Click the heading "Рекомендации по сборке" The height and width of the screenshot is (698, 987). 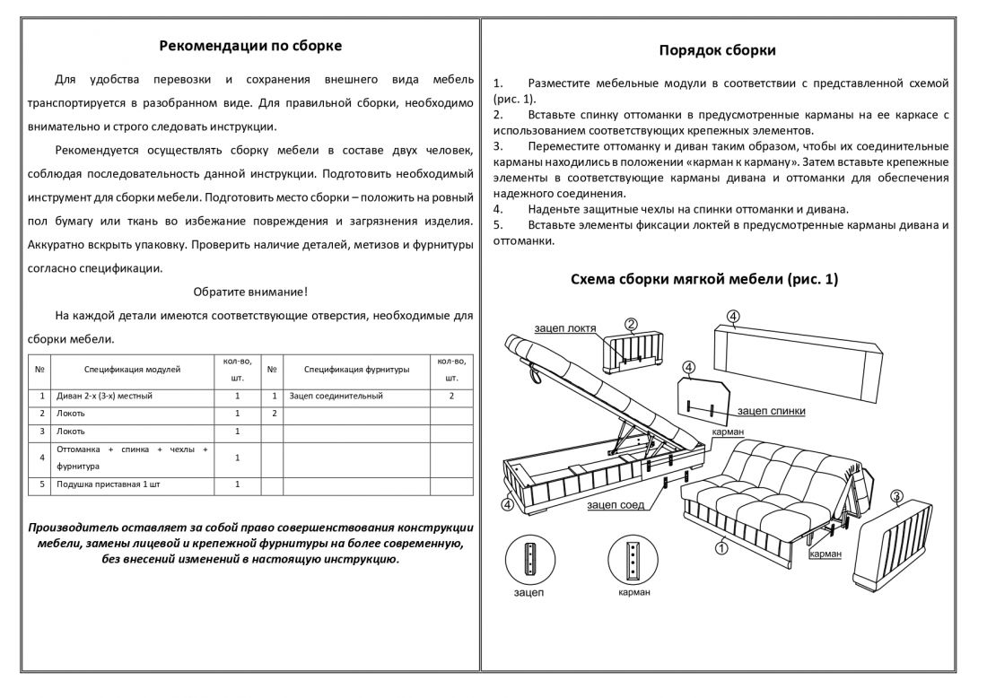(x=250, y=46)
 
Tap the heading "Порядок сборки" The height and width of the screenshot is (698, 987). (x=717, y=50)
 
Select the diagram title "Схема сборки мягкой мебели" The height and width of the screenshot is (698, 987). (x=704, y=279)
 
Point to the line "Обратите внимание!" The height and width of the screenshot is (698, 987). (x=250, y=292)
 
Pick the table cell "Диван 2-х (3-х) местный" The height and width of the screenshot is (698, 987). (x=104, y=396)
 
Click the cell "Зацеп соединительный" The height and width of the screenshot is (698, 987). (x=336, y=396)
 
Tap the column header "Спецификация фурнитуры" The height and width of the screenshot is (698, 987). (x=356, y=369)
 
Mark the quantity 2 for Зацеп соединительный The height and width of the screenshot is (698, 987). (x=451, y=396)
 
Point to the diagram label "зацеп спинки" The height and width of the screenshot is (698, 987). (x=771, y=411)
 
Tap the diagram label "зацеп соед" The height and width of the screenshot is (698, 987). (x=616, y=505)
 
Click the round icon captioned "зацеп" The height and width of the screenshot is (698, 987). (x=528, y=560)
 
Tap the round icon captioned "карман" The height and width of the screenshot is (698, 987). (x=633, y=560)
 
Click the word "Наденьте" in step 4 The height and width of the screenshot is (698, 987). (x=554, y=208)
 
